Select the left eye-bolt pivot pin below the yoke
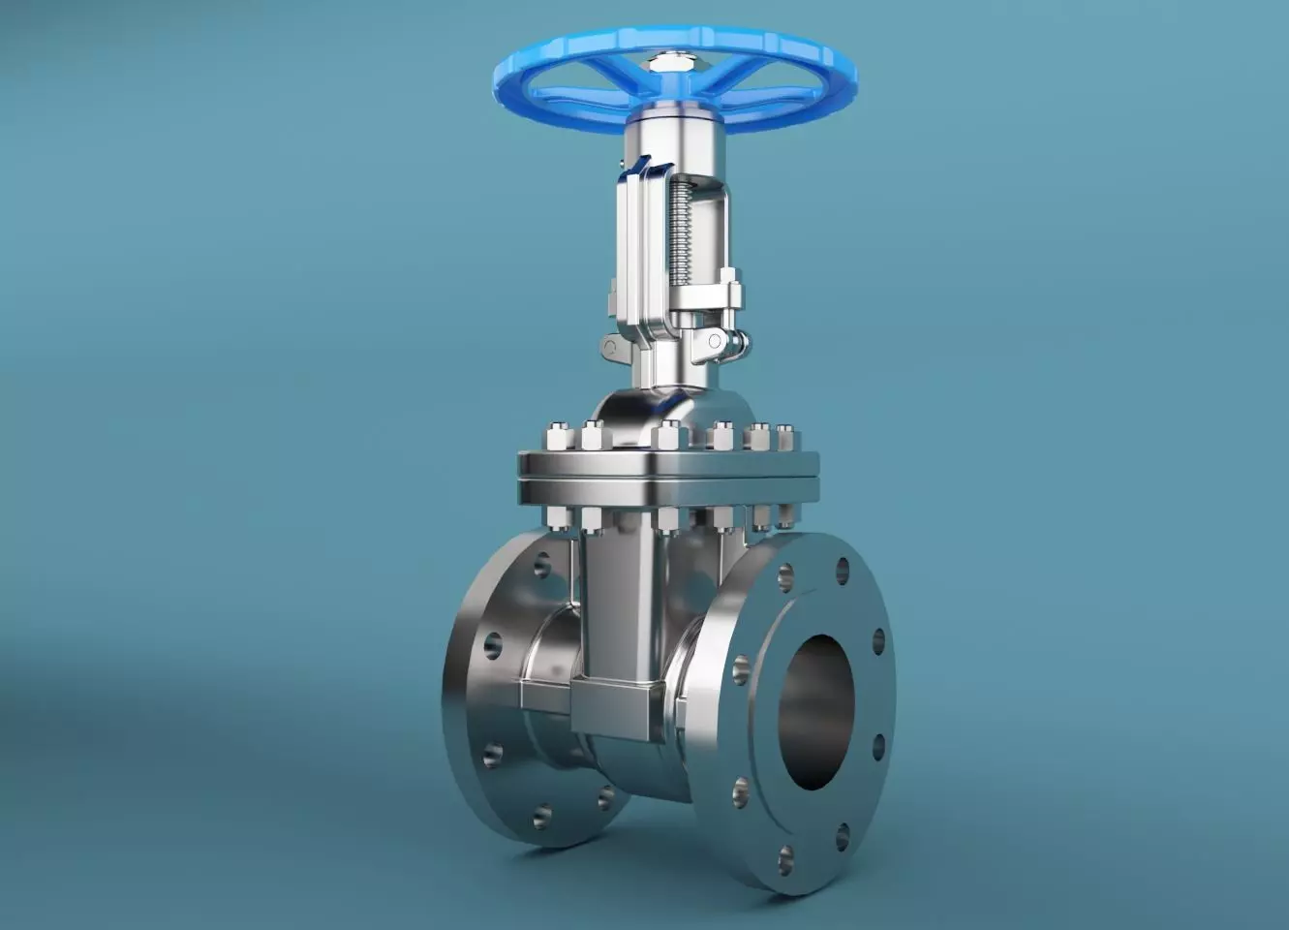point(611,346)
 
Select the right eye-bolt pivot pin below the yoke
point(716,340)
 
